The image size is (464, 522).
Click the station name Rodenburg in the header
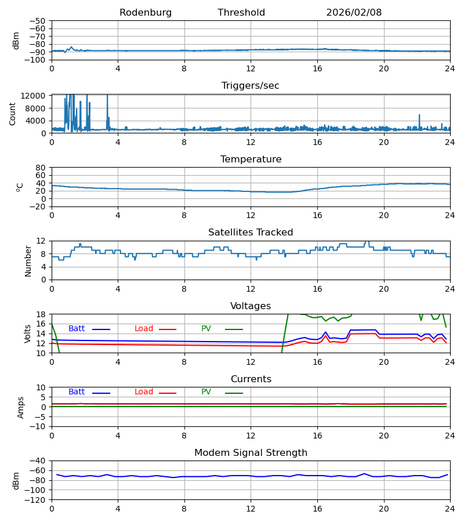click(x=146, y=13)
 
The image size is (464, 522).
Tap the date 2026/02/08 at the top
click(x=354, y=13)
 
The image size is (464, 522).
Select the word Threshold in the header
click(x=241, y=13)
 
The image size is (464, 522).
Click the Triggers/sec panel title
click(x=251, y=86)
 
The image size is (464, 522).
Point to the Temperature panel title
click(x=251, y=159)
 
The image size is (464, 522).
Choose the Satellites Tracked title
click(x=251, y=233)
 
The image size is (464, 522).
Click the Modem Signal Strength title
click(x=251, y=453)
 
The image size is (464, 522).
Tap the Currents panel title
click(x=251, y=379)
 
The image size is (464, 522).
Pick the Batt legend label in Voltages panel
click(x=77, y=329)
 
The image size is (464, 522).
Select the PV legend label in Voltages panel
click(x=206, y=329)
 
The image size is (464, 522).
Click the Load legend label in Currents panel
click(x=144, y=392)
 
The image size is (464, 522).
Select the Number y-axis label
click(x=28, y=260)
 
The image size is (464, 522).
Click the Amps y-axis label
click(x=21, y=407)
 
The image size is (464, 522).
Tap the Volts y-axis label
click(x=28, y=333)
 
